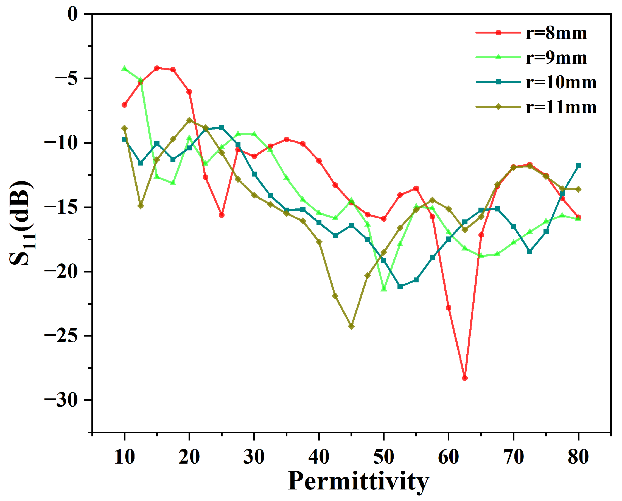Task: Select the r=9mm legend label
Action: tap(556, 58)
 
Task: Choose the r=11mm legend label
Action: tap(561, 107)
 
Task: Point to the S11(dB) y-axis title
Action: tap(22, 223)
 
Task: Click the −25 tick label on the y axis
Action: tap(61, 336)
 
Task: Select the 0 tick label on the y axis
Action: tap(73, 14)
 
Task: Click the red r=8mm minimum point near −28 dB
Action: tap(465, 378)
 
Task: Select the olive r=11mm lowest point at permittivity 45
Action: tap(351, 326)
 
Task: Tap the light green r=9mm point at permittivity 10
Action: tap(124, 68)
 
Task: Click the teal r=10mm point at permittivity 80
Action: tap(578, 166)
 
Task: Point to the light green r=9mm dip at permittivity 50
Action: tap(384, 289)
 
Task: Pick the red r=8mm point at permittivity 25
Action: tap(222, 215)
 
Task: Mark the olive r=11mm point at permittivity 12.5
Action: tap(141, 206)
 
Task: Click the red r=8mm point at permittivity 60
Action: tap(449, 308)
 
